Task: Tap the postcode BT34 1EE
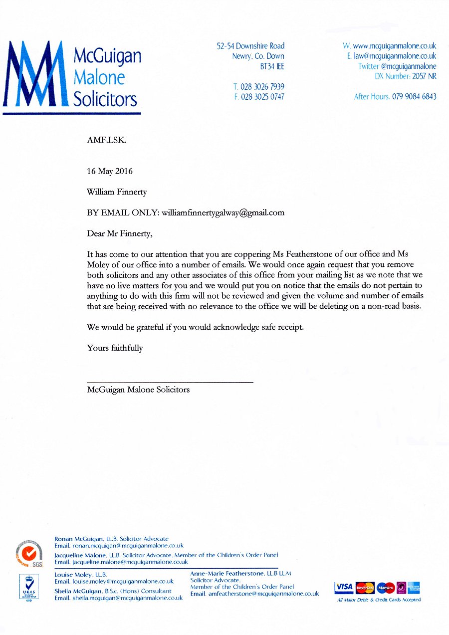[x=272, y=67]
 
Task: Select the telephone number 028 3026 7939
[x=262, y=87]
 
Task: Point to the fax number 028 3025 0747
[x=262, y=97]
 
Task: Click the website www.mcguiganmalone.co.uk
[x=394, y=46]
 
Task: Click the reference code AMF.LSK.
[x=107, y=141]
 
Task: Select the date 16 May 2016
[x=110, y=171]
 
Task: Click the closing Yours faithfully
[x=115, y=348]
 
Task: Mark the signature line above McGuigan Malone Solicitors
[x=170, y=382]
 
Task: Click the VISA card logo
[x=344, y=587]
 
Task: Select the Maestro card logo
[x=386, y=588]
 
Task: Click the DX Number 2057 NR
[x=406, y=77]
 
